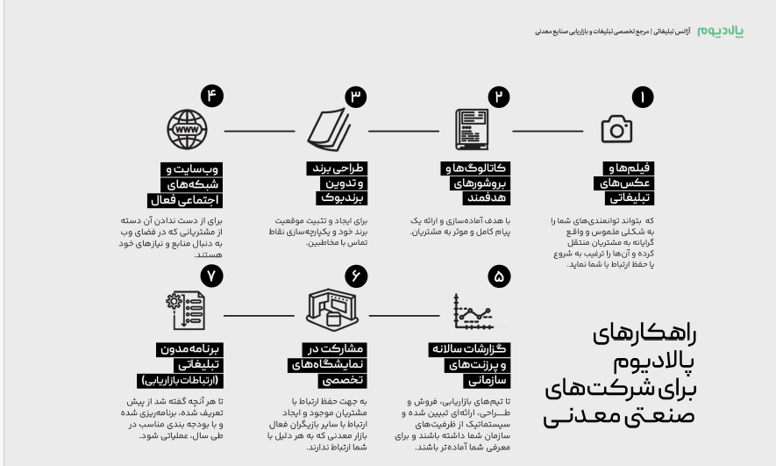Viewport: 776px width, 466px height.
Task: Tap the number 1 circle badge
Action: click(x=643, y=97)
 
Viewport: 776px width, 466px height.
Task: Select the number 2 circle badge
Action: click(x=498, y=97)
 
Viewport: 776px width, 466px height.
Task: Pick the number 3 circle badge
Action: click(x=354, y=97)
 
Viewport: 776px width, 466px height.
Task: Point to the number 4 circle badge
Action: click(x=210, y=97)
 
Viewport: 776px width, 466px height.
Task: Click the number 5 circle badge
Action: click(x=498, y=278)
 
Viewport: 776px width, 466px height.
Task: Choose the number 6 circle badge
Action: click(x=354, y=278)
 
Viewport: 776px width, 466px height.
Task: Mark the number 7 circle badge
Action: click(x=210, y=278)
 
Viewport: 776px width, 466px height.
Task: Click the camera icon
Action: click(x=616, y=130)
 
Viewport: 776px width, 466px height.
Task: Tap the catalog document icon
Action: click(x=472, y=130)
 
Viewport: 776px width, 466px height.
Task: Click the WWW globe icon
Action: click(x=185, y=130)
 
